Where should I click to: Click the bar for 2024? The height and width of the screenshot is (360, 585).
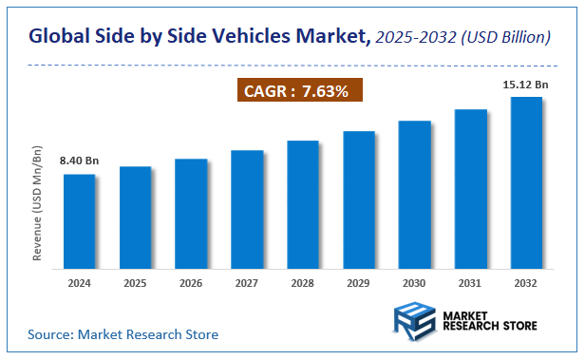(80, 221)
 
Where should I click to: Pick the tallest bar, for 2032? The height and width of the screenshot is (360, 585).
(526, 182)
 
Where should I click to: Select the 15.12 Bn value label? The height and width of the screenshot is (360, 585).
(525, 85)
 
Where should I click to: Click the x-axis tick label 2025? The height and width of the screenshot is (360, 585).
(135, 283)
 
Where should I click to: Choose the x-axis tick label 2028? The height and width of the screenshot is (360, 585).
(303, 283)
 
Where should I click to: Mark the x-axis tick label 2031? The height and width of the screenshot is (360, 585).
(470, 283)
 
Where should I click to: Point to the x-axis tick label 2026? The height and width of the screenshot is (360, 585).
(191, 283)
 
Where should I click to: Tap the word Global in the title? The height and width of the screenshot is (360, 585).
(61, 37)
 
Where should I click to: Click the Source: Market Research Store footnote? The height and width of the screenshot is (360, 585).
(123, 334)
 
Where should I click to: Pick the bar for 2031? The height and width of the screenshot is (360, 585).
(470, 189)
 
